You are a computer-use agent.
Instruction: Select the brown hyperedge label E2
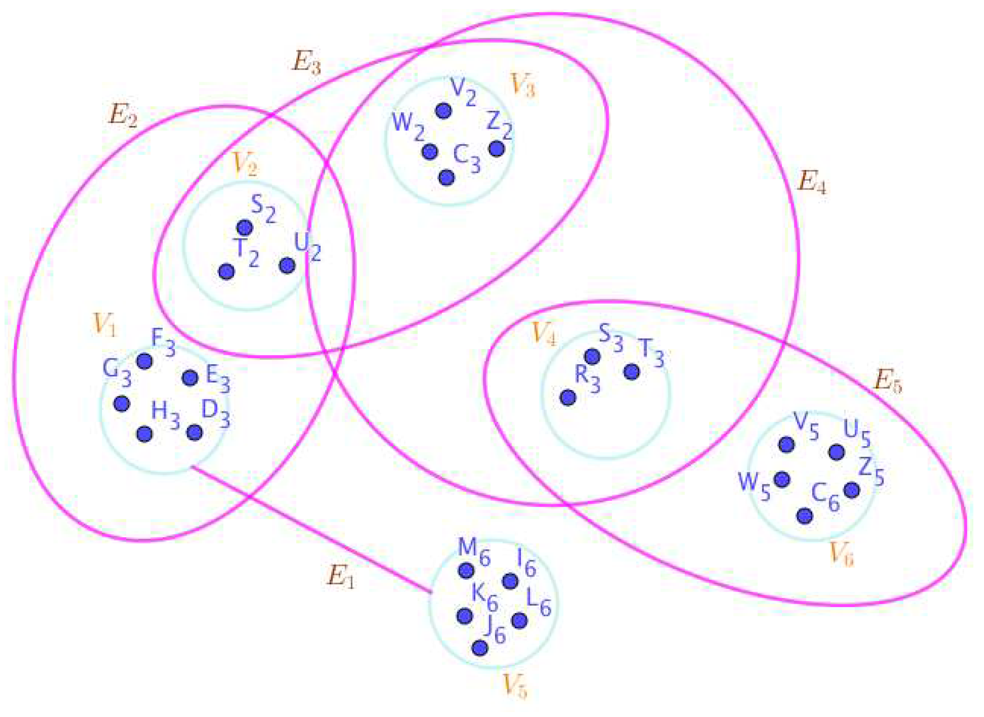point(123,116)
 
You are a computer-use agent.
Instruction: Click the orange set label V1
point(104,324)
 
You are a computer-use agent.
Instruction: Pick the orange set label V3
point(523,84)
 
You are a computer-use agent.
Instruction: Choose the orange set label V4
point(543,334)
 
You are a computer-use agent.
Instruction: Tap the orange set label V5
point(515,687)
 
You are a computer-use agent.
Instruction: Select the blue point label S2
point(264,209)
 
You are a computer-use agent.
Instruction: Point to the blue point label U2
point(307,247)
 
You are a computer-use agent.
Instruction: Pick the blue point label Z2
point(499,125)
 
